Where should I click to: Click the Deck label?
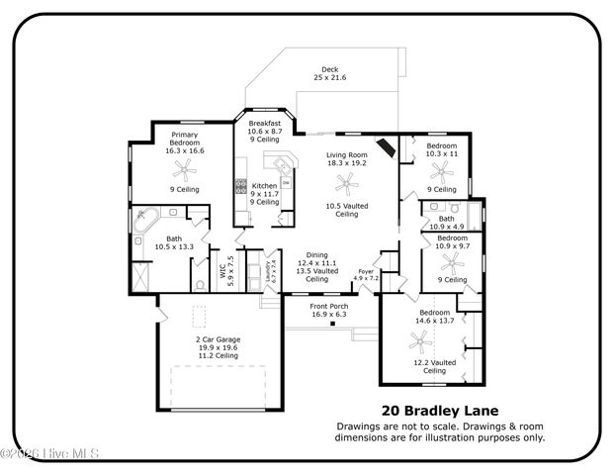[330, 69]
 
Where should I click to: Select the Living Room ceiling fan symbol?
[346, 181]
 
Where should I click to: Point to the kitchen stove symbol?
[239, 183]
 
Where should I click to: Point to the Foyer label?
[366, 269]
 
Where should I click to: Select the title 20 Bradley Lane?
[439, 410]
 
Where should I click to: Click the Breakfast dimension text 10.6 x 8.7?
[265, 131]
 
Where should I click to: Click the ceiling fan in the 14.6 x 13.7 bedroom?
[421, 338]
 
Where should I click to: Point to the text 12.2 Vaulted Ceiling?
[434, 367]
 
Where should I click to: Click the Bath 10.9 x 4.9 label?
[447, 223]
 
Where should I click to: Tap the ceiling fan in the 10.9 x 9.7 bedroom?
[453, 262]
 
